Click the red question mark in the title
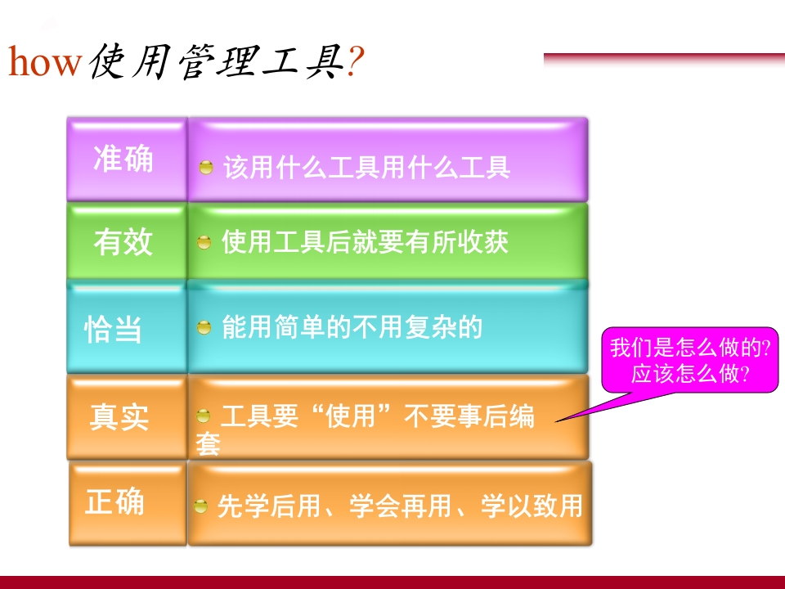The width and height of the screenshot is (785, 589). [354, 62]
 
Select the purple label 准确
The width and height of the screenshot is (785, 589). [123, 159]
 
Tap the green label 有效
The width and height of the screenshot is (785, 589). [123, 242]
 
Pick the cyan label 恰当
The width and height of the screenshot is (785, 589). [114, 328]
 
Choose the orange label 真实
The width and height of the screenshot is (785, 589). [119, 416]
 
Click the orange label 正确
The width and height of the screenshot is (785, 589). [115, 501]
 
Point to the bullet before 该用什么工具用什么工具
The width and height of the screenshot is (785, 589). [207, 168]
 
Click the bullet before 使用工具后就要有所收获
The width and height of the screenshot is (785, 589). [205, 243]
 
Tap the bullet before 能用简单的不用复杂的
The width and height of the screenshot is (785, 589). [205, 328]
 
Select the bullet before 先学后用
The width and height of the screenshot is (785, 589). [201, 507]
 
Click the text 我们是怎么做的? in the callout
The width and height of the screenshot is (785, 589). [691, 348]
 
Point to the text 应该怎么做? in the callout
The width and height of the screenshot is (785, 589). [691, 375]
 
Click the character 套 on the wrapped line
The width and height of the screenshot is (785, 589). [208, 445]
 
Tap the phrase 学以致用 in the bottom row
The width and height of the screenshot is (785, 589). [532, 506]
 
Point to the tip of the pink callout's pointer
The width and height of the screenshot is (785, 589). [557, 421]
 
